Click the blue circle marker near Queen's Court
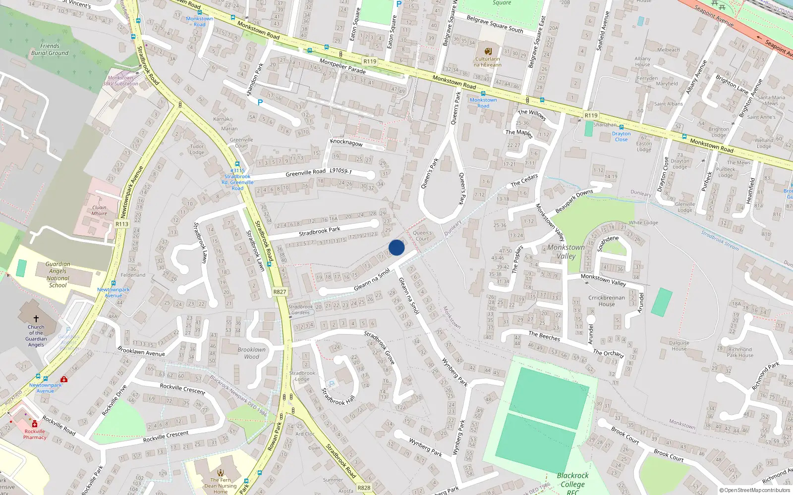[396, 247]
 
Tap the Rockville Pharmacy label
[35, 434]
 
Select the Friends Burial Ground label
[50, 49]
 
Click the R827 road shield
[280, 292]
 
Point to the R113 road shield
[122, 224]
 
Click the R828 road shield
[364, 488]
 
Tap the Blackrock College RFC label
[572, 483]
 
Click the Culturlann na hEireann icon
[488, 51]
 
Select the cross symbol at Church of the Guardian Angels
[36, 319]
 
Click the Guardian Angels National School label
[57, 275]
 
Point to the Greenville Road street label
[305, 173]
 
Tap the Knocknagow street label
[346, 143]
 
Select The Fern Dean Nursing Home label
[221, 486]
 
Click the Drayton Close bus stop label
[621, 137]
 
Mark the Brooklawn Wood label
[251, 353]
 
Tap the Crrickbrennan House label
[606, 301]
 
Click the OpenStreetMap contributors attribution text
[755, 491]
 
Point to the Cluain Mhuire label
[99, 210]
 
